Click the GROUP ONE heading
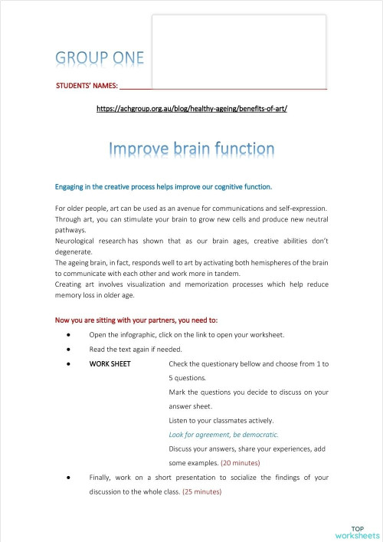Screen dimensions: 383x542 tap(100, 59)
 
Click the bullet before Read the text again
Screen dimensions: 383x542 tap(70, 350)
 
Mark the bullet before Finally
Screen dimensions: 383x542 tap(70, 478)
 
